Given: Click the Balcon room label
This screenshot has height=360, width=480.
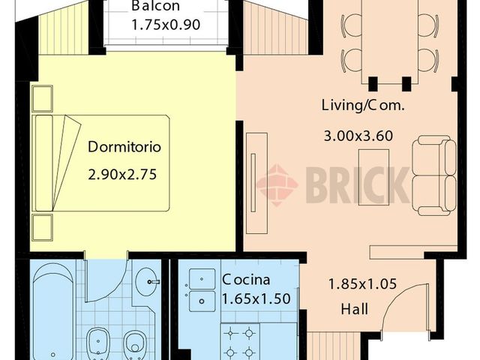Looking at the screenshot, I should pos(154,7).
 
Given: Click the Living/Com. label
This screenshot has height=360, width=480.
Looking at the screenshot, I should pos(362,106).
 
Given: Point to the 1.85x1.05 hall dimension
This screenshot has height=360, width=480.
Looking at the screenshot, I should pos(362,285).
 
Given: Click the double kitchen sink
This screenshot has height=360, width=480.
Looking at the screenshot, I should pos(202,291).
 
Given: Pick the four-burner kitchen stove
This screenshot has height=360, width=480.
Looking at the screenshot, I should pos(240,341).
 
